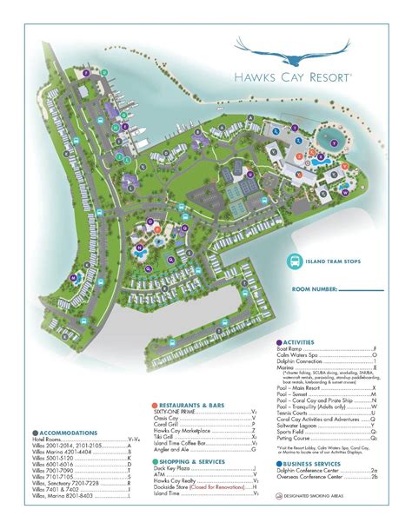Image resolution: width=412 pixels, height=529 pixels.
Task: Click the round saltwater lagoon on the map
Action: (334, 140)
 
